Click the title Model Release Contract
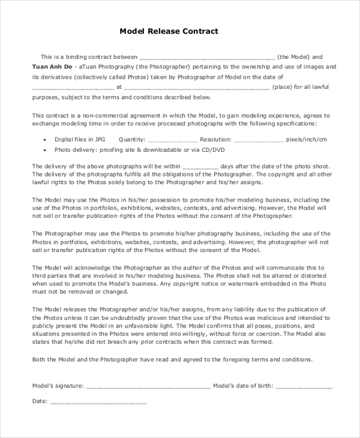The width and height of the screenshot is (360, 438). tap(169, 31)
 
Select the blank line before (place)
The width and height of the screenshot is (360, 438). tap(197, 87)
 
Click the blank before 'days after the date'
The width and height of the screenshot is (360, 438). tap(199, 167)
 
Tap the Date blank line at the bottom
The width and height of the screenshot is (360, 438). tap(98, 401)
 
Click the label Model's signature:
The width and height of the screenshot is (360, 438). tap(58, 386)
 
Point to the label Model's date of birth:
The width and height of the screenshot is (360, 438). tap(243, 386)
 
